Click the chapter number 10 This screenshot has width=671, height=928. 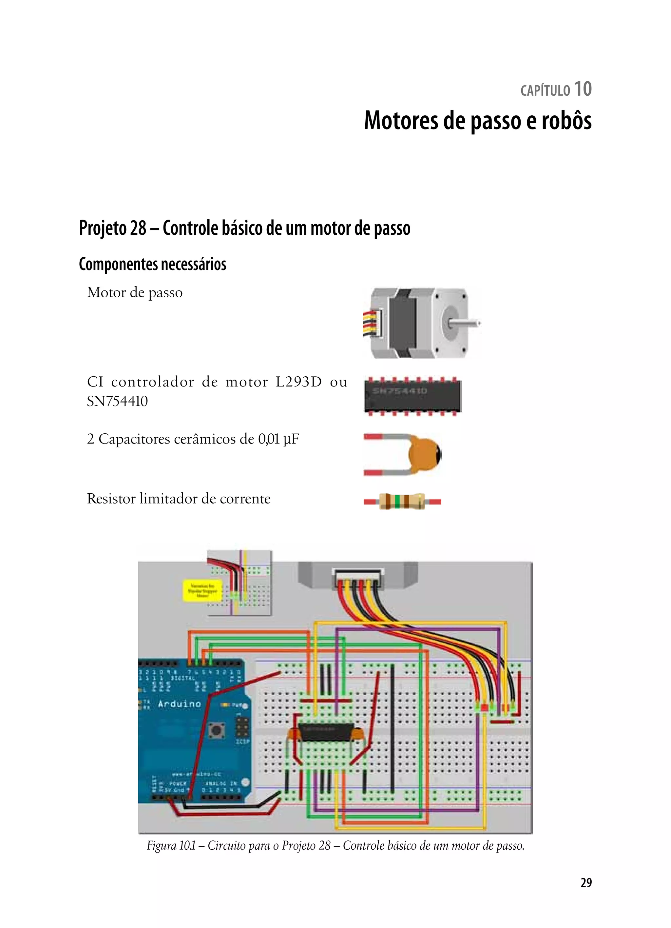tap(583, 89)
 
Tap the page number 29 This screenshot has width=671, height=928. tap(586, 882)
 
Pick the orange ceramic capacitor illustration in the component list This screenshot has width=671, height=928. tap(423, 455)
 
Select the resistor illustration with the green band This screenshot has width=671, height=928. tap(402, 501)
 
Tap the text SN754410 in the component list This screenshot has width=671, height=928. tap(117, 402)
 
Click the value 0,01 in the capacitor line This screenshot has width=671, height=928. tap(268, 439)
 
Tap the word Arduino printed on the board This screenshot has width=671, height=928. tap(180, 703)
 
